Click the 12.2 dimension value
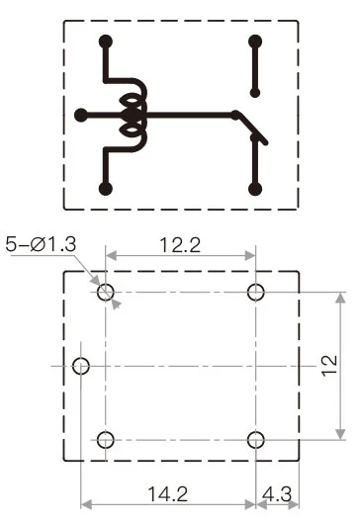[x=180, y=244]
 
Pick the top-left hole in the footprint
[x=106, y=291]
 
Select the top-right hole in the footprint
[x=256, y=291]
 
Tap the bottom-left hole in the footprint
[x=106, y=439]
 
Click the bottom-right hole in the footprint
[x=256, y=439]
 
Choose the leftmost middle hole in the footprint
[x=81, y=366]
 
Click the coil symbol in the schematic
[x=130, y=115]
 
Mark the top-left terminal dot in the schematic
[x=106, y=42]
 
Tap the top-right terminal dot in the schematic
[x=255, y=42]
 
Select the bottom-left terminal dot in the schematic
[x=106, y=188]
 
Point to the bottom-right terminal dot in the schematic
[x=255, y=188]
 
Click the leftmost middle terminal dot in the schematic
[x=81, y=115]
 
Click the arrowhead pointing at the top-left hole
[x=116, y=304]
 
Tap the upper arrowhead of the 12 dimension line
[x=341, y=296]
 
